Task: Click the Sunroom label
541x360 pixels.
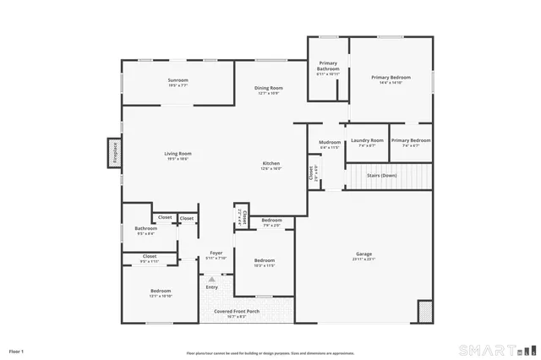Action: (x=178, y=80)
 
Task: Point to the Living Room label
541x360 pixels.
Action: (x=178, y=153)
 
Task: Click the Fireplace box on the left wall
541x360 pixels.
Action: (x=114, y=153)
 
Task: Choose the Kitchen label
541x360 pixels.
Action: (x=270, y=163)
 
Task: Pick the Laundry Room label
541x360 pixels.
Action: (x=367, y=140)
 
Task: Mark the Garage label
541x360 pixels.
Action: (x=363, y=254)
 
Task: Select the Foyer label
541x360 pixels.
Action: (x=216, y=253)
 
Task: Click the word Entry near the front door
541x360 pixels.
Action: (x=211, y=287)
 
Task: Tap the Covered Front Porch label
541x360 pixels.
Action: (x=236, y=311)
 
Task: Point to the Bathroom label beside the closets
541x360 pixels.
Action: (x=145, y=228)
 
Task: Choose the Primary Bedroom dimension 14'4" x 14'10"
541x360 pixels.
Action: (x=390, y=83)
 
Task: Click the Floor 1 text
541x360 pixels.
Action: (x=17, y=350)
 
